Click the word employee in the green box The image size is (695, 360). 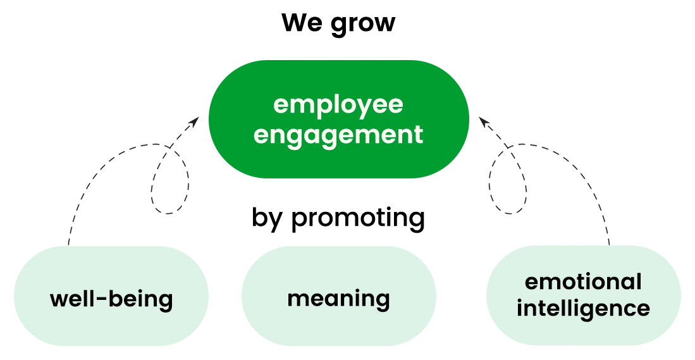coord(338,105)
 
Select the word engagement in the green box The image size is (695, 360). coord(338,135)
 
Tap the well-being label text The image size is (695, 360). coord(111,298)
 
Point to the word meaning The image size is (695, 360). coord(338,298)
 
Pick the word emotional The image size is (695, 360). coord(583,282)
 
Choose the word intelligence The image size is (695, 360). coord(583,309)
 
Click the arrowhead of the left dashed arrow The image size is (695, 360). coord(199,120)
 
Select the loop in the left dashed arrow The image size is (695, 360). coord(169,183)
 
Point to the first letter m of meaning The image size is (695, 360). coord(298,299)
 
